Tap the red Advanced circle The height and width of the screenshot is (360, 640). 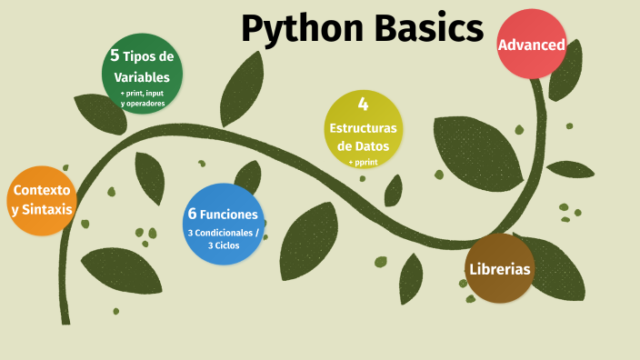pos(532,44)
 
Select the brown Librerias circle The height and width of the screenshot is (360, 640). pos(499,268)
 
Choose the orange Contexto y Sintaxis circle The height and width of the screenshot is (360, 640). pos(41,200)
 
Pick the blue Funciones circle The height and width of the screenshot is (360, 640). pos(223,224)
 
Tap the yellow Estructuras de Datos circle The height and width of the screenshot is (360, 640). pos(362,129)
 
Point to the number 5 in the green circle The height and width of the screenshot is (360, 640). pos(115,55)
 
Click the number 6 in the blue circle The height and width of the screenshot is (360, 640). pos(192,215)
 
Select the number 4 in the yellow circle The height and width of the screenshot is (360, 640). pos(363,104)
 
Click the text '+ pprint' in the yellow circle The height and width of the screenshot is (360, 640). pos(362,163)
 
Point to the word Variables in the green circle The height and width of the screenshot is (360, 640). pos(142,78)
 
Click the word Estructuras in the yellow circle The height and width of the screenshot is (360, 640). pos(363,127)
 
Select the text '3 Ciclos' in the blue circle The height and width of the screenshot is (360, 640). pos(223,245)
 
